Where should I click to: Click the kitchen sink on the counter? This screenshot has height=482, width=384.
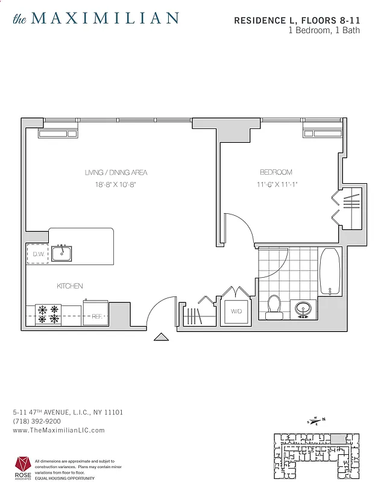61,254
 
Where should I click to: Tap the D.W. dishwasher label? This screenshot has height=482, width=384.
37,254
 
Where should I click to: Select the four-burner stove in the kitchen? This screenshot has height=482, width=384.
48,314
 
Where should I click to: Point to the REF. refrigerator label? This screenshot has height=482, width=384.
95,315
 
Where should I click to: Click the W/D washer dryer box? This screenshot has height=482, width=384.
235,311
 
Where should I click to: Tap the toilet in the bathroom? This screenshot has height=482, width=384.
274,305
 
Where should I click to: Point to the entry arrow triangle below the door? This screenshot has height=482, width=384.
162,337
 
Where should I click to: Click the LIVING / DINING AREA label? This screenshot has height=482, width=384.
116,173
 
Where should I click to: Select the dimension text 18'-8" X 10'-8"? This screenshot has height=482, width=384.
116,185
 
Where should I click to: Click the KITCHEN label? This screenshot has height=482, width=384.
70,286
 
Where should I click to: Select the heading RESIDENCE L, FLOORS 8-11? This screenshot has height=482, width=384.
297,20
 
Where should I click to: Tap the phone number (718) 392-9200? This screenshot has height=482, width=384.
37,421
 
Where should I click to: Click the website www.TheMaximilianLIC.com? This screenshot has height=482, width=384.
58,430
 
